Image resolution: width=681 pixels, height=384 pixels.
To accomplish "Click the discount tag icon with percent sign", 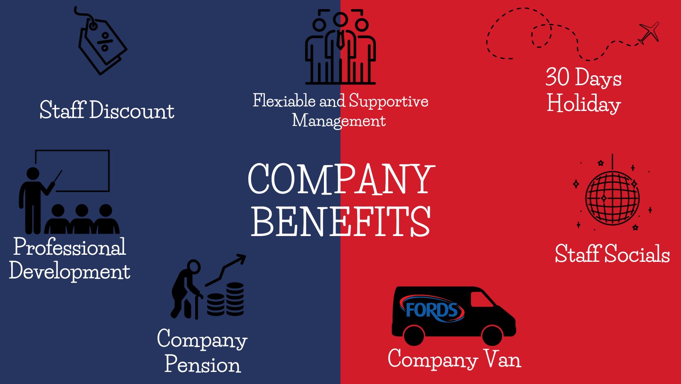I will coord(102,42).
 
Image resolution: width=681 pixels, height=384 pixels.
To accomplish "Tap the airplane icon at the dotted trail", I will coord(649,32).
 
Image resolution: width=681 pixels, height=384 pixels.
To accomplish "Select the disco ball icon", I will coord(612,198).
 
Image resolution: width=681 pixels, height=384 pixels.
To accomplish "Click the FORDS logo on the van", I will coord(432,309).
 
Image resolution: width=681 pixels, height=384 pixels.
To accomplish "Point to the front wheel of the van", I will coord(492,335).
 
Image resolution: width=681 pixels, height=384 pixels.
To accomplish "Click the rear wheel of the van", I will coord(414,335).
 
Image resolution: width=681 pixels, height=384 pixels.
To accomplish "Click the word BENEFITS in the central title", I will coord(340,222).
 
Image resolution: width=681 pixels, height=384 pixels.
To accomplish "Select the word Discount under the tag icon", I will coord(132,111).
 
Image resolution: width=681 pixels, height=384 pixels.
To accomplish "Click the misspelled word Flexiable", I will coord(284,101).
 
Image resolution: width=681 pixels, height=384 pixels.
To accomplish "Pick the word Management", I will coord(339,121).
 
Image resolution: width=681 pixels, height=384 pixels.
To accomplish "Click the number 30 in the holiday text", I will coord(557,77).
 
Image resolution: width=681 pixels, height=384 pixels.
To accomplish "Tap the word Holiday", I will coord(583,104).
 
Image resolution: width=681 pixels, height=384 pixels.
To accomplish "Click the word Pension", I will coord(203,364).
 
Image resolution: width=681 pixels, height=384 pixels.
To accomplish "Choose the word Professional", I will coord(69,248).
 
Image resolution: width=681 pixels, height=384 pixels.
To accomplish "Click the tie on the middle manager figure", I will coord(340,40).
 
